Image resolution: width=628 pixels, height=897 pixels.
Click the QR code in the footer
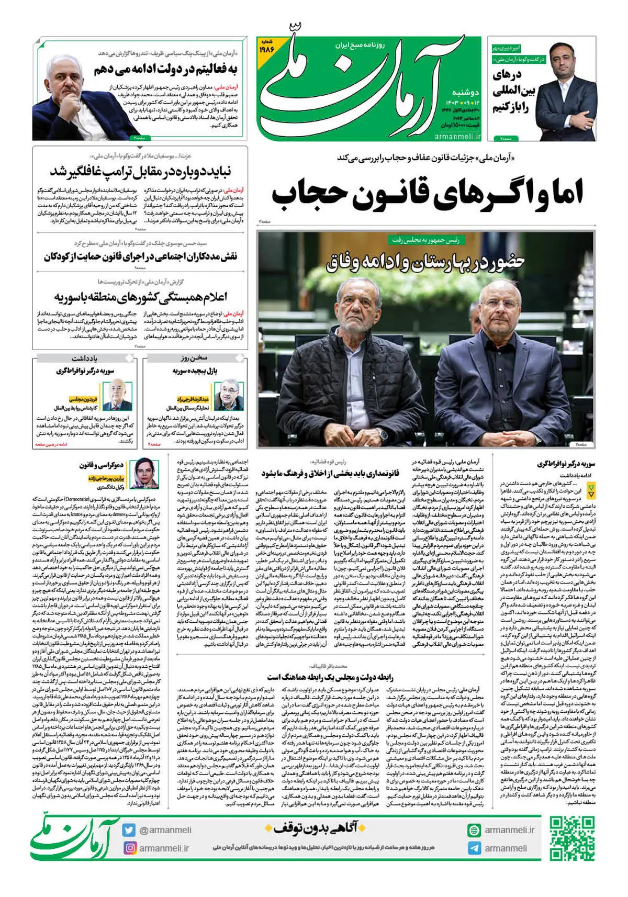pos(572,838)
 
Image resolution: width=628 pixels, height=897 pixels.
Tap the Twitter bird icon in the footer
pos(129,830)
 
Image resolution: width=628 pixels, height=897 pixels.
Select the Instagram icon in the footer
pos(129,848)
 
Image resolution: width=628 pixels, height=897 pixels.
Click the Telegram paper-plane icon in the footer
pos(474,848)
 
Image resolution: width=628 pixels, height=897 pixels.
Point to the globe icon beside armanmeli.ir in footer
pos(474,830)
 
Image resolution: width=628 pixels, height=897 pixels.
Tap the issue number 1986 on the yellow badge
pos(267,50)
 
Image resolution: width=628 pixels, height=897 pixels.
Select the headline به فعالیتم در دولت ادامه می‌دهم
pos(166,70)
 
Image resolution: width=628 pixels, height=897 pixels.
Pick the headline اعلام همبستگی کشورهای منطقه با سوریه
pos(140,298)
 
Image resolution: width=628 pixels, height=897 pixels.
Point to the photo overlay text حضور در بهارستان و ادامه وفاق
pos(424,262)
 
